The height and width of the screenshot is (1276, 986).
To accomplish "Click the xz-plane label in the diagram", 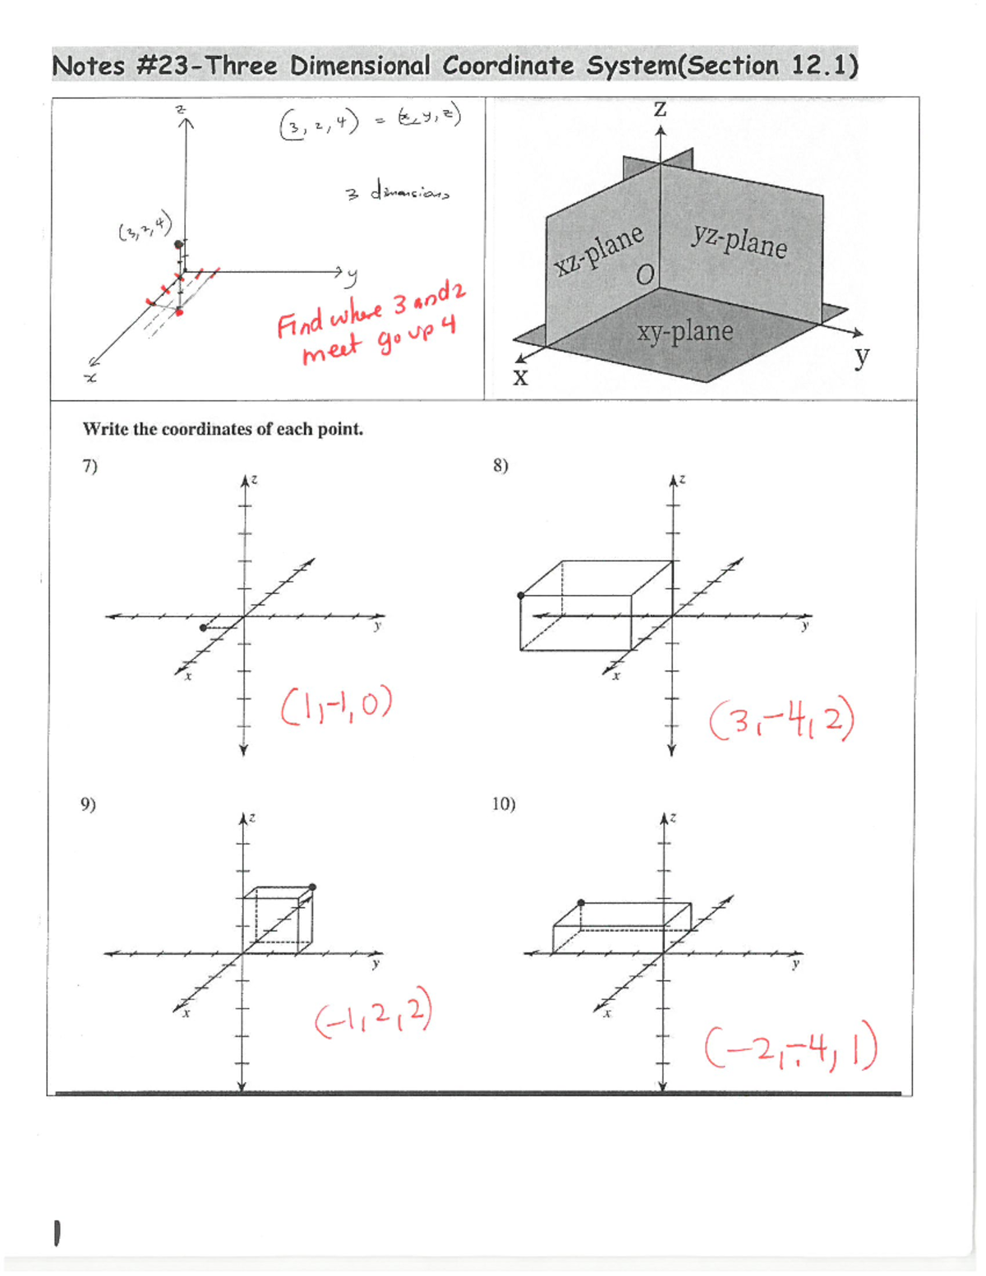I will (x=598, y=250).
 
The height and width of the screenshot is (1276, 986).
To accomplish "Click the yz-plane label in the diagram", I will (x=739, y=240).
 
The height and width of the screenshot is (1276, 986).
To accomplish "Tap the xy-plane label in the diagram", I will (x=684, y=331).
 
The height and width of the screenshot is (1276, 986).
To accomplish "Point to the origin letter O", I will (x=646, y=274).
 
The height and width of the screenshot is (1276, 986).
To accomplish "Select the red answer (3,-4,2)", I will (x=781, y=721).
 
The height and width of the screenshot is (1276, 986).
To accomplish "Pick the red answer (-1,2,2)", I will (x=372, y=1016).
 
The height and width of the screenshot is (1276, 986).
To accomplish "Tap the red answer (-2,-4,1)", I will (x=790, y=1049).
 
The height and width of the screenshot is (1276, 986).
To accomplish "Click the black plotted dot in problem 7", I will (x=204, y=628).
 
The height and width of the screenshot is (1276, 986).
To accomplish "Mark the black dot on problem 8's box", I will (x=521, y=596).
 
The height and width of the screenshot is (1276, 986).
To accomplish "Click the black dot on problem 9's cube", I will (x=312, y=887).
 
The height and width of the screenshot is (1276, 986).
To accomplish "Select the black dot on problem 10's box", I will (x=581, y=903).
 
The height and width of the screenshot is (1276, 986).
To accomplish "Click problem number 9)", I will (x=88, y=804).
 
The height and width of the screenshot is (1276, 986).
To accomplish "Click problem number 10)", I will (x=504, y=804).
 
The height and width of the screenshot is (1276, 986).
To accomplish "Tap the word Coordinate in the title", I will (x=507, y=66).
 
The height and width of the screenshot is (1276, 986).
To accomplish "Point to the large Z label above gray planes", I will (x=660, y=109).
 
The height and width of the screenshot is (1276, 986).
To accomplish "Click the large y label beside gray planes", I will (x=861, y=357).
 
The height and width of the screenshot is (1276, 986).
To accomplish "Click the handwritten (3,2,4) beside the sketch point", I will (x=145, y=228).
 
